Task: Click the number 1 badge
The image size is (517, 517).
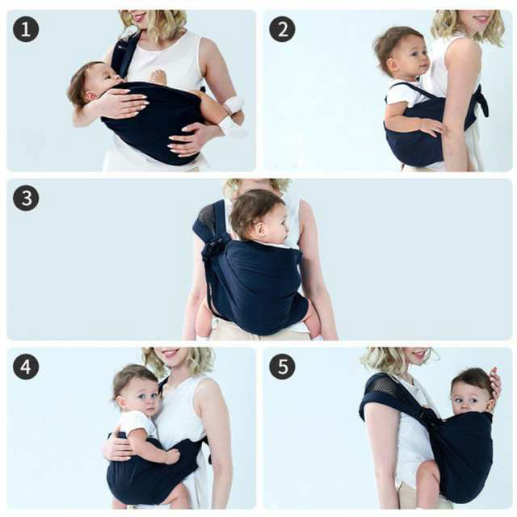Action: click(x=26, y=29)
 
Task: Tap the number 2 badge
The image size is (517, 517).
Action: click(x=282, y=29)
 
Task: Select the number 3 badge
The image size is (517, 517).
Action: click(x=26, y=198)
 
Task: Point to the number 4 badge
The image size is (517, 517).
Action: click(x=26, y=367)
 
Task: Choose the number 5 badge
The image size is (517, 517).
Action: click(x=282, y=367)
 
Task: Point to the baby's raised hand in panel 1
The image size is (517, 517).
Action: click(x=158, y=77)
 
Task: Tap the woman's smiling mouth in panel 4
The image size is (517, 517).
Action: click(x=170, y=352)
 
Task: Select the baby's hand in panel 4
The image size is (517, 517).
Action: click(x=172, y=456)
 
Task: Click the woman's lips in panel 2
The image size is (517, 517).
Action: click(x=481, y=18)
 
